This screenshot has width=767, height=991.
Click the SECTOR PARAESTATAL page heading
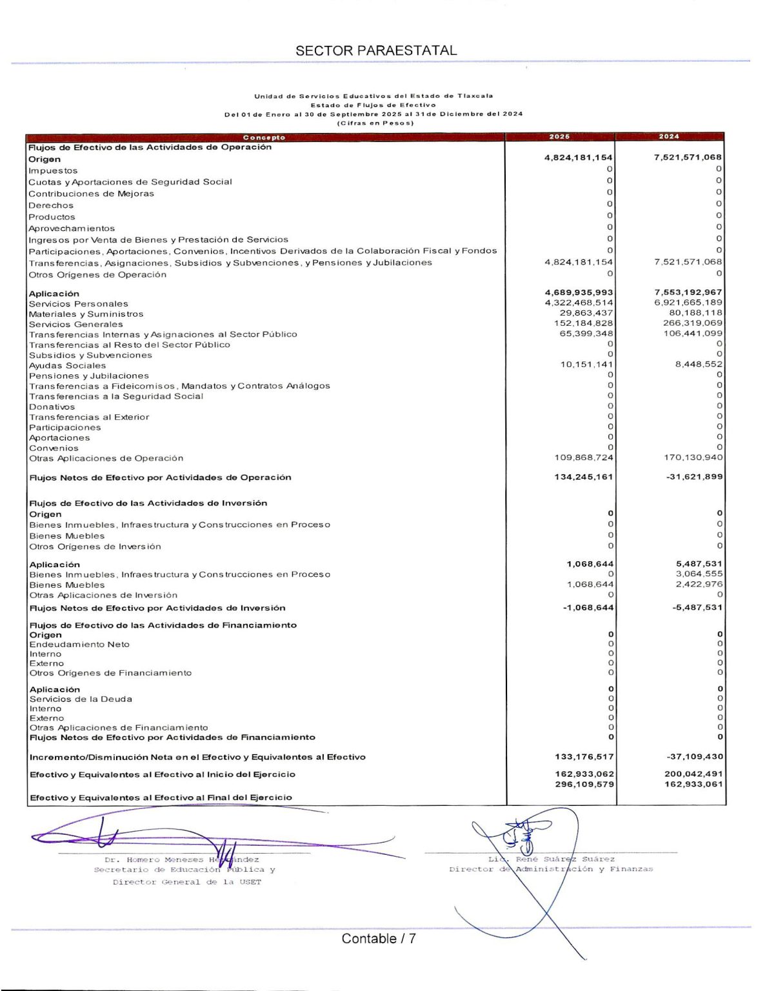[x=376, y=50]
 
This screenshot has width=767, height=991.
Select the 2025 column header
[x=559, y=137]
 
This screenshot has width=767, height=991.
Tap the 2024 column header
[x=669, y=137]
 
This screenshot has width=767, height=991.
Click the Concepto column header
[x=264, y=137]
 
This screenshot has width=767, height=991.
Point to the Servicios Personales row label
[x=78, y=304]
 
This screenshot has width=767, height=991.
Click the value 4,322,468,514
[x=579, y=303]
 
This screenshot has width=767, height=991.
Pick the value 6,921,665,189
[x=688, y=303]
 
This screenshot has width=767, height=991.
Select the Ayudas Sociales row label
[x=67, y=366]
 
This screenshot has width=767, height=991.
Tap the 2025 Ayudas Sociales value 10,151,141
[x=586, y=365]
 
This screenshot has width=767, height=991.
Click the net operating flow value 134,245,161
[x=584, y=477]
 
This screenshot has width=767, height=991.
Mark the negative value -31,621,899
[x=694, y=477]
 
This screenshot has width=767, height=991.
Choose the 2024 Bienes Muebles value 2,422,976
[x=699, y=585]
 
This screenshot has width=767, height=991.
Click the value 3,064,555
[x=699, y=574]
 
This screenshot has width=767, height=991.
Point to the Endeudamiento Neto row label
[x=79, y=645]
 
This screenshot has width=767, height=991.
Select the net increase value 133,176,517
[x=584, y=757]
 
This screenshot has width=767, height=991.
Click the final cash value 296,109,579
[x=584, y=785]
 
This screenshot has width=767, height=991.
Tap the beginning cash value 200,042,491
[x=693, y=774]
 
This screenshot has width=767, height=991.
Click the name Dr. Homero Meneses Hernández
[x=181, y=859]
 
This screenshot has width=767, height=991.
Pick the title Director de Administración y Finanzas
[x=551, y=869]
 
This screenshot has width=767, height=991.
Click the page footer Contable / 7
[x=379, y=939]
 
